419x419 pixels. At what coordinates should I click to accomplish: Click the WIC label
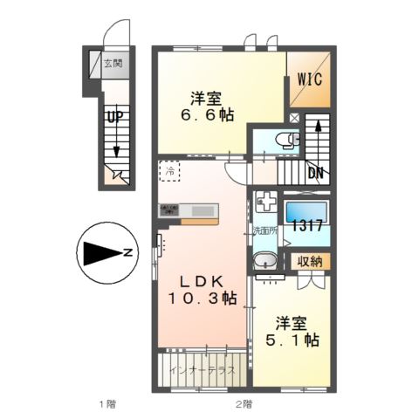click(309, 78)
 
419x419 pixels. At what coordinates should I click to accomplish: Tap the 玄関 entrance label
click(113, 63)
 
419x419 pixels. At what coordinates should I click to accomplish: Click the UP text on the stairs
click(113, 115)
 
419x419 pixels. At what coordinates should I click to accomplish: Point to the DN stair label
click(316, 173)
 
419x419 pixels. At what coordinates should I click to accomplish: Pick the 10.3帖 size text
click(203, 299)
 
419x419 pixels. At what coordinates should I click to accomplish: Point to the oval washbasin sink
click(264, 263)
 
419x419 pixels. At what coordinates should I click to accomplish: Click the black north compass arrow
click(106, 253)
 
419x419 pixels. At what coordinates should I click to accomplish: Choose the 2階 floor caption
click(243, 404)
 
